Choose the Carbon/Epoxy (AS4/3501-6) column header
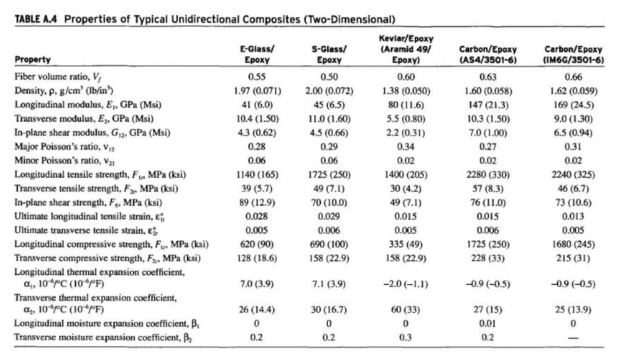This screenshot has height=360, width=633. (x=488, y=55)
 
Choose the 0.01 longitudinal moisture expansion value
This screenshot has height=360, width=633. (x=488, y=323)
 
